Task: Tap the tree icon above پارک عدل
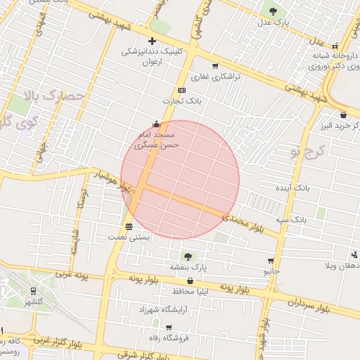[273, 11]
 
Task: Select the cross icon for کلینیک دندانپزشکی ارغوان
[152, 41]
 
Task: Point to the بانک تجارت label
[179, 101]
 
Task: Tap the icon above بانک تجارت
[181, 90]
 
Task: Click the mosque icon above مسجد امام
[156, 124]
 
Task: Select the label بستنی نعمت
[128, 238]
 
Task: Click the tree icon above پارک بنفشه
[188, 255]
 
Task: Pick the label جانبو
[271, 271]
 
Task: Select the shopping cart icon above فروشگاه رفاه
[168, 328]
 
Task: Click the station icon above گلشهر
[33, 290]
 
